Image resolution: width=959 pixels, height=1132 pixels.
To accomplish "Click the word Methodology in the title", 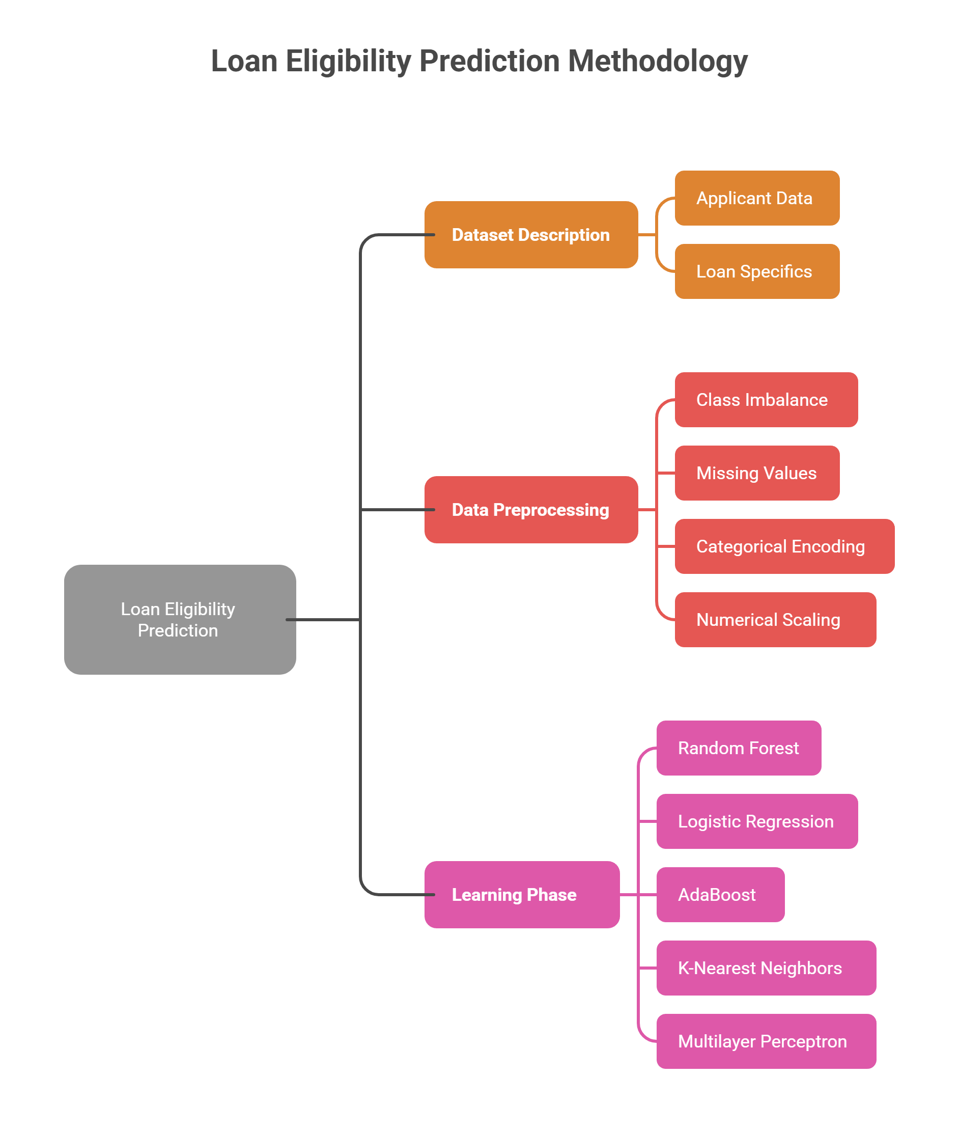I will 658,61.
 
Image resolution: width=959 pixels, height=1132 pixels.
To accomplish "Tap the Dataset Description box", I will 530,235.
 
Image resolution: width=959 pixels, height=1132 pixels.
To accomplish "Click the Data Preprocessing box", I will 530,510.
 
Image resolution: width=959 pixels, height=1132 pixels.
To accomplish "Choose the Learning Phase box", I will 521,894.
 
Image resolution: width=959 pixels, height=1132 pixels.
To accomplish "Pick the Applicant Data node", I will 757,198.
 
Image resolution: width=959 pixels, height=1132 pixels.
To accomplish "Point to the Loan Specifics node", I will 757,271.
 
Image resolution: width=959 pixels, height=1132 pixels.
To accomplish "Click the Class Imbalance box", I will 766,400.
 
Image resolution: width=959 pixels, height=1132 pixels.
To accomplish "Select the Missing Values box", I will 757,473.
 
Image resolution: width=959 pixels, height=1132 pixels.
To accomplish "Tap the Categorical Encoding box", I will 784,546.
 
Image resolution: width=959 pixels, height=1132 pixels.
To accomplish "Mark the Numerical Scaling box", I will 775,620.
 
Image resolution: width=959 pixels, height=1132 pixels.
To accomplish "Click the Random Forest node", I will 738,748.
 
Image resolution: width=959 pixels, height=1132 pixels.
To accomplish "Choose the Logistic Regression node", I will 757,821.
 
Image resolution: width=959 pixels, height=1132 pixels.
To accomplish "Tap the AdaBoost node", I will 720,894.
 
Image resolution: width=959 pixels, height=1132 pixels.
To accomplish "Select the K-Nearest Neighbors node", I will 766,968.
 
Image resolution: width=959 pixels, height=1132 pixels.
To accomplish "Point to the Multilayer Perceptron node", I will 766,1041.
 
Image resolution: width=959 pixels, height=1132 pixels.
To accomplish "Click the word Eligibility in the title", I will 349,61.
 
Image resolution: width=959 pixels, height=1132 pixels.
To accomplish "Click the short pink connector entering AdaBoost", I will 647,894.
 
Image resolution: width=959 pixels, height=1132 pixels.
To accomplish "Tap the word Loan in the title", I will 244,61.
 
